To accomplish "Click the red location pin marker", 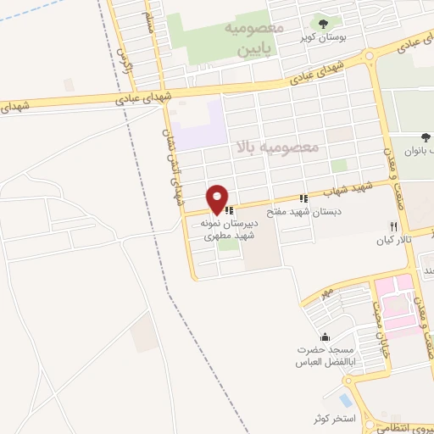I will pyautogui.click(x=217, y=199).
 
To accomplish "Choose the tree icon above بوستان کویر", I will pyautogui.click(x=322, y=22).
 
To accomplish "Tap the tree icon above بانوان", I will pyautogui.click(x=426, y=136).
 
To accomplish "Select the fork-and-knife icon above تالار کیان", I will pyautogui.click(x=392, y=227).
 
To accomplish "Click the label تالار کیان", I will pyautogui.click(x=393, y=241).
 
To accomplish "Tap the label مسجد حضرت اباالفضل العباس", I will pyautogui.click(x=322, y=356).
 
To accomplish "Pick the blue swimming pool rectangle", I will pyautogui.click(x=345, y=398).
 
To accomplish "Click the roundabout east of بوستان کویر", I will pyautogui.click(x=369, y=57).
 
